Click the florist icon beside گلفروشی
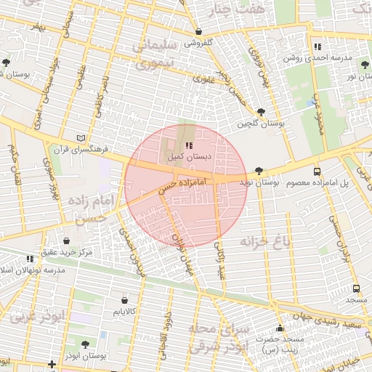[199, 32]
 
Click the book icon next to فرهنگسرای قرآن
[80, 137]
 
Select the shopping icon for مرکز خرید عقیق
[67, 240]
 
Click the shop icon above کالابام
[124, 299]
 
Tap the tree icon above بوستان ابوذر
[85, 345]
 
